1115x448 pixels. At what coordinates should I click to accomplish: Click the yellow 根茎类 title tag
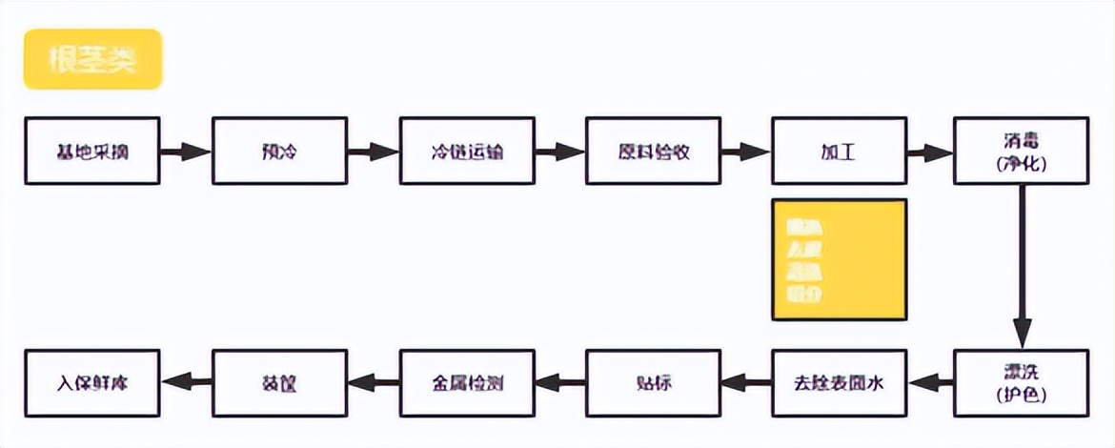point(92,59)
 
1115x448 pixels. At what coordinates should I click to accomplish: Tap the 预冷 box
point(279,151)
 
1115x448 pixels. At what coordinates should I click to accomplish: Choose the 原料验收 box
point(653,151)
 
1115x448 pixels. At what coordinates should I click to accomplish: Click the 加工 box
point(839,151)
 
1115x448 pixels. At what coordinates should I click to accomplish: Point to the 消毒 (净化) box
point(1021,151)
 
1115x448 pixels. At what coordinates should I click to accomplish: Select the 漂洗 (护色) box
point(1021,383)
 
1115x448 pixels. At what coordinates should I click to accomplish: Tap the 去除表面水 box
point(839,383)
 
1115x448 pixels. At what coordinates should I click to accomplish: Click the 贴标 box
point(653,383)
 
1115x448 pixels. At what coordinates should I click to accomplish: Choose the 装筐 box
point(279,383)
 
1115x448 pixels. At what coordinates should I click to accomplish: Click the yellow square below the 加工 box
point(839,259)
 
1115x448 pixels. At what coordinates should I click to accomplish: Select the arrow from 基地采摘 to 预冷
point(186,151)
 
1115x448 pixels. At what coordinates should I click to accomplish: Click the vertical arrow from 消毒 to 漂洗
point(1021,267)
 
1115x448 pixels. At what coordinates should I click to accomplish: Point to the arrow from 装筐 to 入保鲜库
point(186,383)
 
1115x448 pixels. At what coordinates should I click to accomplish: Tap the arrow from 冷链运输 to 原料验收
point(559,151)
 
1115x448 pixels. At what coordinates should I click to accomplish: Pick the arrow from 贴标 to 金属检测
point(559,383)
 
